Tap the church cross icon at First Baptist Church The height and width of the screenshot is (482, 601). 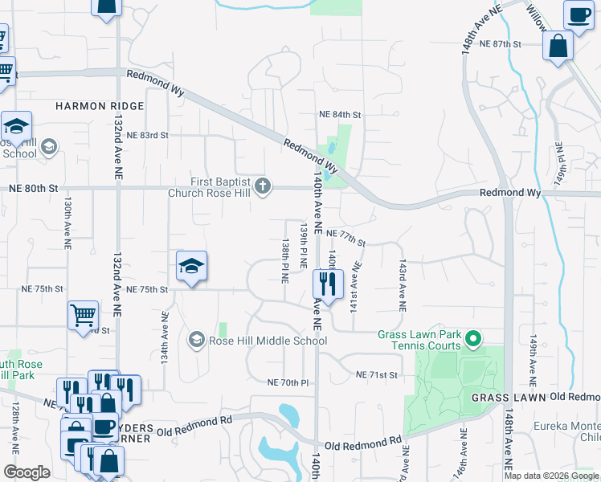[x=262, y=187]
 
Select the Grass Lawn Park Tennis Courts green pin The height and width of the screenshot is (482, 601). [x=474, y=340]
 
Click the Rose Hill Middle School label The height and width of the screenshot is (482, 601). [x=268, y=341]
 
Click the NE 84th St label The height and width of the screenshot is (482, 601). [x=340, y=115]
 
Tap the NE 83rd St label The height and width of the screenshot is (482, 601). [x=147, y=135]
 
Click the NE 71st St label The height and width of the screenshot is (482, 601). [x=377, y=374]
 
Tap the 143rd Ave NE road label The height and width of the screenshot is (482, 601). [x=401, y=284]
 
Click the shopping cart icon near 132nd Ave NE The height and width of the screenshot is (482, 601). [x=83, y=315]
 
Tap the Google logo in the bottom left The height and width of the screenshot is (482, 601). [x=27, y=472]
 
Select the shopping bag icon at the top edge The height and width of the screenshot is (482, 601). [x=105, y=7]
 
